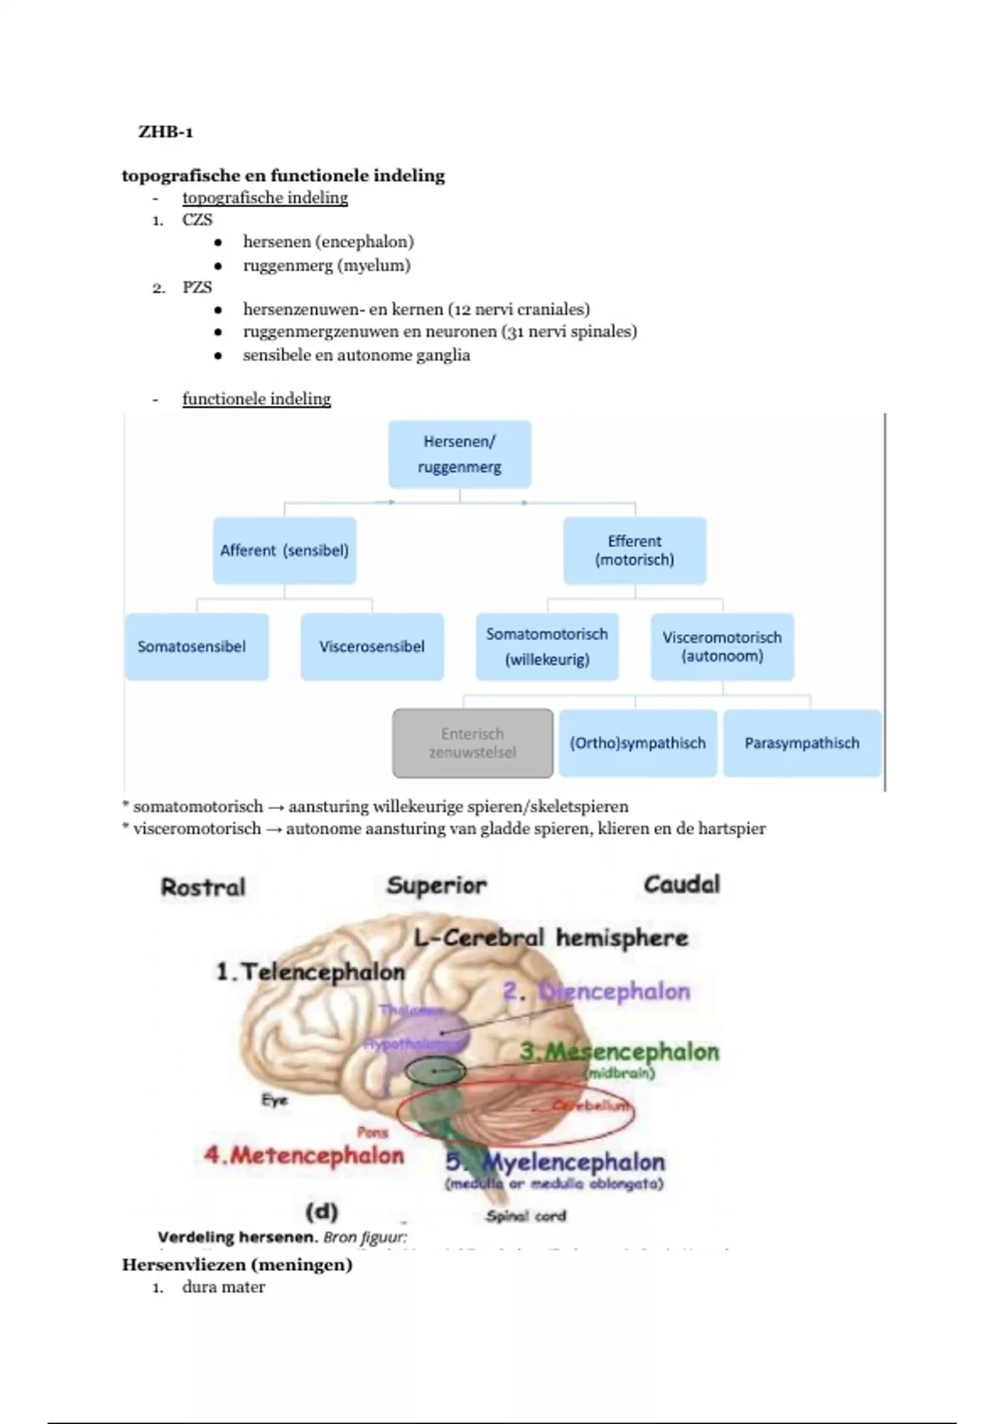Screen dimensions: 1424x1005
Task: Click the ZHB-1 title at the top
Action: pyautogui.click(x=166, y=132)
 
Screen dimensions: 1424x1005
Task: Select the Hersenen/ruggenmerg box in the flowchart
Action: pyautogui.click(x=459, y=454)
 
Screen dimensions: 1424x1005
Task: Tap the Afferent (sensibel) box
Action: pyautogui.click(x=284, y=550)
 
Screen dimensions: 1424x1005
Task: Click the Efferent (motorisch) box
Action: pyautogui.click(x=634, y=550)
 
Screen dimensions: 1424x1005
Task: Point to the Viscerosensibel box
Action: pyautogui.click(x=371, y=647)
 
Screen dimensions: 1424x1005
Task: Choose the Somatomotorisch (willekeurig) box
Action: pyautogui.click(x=547, y=647)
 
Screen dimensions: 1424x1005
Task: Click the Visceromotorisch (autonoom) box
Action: pyautogui.click(x=722, y=647)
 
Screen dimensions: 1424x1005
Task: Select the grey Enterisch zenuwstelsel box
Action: pyautogui.click(x=472, y=743)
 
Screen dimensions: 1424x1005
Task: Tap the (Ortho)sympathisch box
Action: pyautogui.click(x=637, y=743)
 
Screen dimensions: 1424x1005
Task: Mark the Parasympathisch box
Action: pyautogui.click(x=801, y=743)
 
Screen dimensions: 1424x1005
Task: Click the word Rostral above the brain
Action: pyautogui.click(x=203, y=887)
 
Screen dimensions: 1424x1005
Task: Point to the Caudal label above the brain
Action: pyautogui.click(x=681, y=885)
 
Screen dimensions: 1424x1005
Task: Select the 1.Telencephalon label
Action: pyautogui.click(x=310, y=973)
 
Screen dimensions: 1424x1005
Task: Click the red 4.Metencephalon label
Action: pyautogui.click(x=304, y=1156)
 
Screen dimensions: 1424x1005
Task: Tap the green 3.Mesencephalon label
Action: pyautogui.click(x=619, y=1052)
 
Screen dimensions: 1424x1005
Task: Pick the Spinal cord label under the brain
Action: pyautogui.click(x=526, y=1215)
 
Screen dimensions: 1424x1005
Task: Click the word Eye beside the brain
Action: pyautogui.click(x=274, y=1101)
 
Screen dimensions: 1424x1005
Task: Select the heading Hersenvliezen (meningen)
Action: pyautogui.click(x=237, y=1265)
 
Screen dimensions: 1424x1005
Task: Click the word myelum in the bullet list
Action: pyautogui.click(x=374, y=266)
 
